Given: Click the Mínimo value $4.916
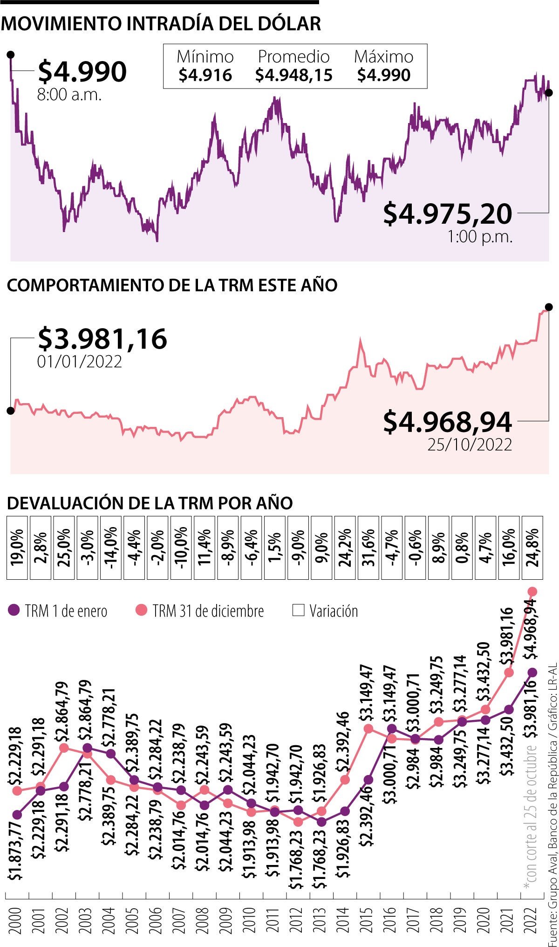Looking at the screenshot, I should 205,75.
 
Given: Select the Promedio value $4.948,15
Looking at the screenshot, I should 294,75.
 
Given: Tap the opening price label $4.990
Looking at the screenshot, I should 82,71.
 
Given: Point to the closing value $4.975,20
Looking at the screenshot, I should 447,214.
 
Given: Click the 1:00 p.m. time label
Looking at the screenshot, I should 480,237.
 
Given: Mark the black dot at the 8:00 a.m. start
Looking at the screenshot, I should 10,55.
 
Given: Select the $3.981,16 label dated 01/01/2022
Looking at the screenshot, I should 102,339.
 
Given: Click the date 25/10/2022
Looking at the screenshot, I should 470,445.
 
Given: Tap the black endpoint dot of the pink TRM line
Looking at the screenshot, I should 549,307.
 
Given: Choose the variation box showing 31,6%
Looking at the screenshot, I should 368,548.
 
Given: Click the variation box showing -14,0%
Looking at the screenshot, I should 110,548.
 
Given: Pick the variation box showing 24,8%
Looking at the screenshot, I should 532,548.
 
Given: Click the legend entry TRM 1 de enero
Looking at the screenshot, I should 58,611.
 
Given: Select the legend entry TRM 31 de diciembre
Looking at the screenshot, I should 200,611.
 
